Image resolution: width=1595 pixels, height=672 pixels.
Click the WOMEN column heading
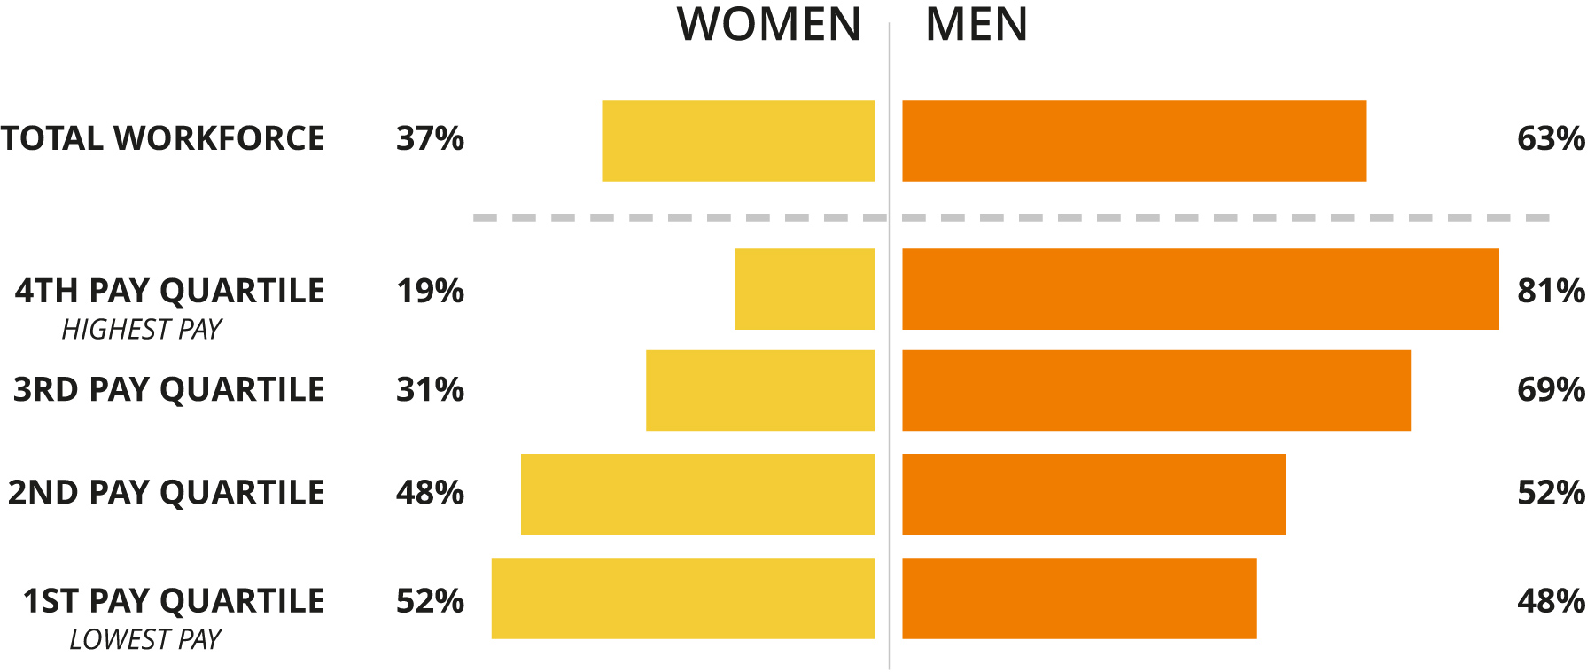pyautogui.click(x=769, y=25)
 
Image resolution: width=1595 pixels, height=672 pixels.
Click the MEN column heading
pyautogui.click(x=976, y=25)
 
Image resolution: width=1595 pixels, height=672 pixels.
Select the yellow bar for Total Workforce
pyautogui.click(x=738, y=141)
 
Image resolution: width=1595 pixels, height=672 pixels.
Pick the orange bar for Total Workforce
pyautogui.click(x=1134, y=141)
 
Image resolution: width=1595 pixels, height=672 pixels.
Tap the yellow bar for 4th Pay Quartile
pyautogui.click(x=805, y=289)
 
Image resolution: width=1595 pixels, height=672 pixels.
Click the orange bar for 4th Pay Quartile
pyautogui.click(x=1201, y=289)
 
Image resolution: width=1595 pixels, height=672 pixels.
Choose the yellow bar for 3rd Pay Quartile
pyautogui.click(x=760, y=391)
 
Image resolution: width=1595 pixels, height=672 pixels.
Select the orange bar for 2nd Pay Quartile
pyautogui.click(x=1093, y=495)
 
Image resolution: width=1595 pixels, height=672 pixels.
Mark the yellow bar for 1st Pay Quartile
pyautogui.click(x=683, y=598)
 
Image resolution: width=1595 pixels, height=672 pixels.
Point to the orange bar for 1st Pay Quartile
pyautogui.click(x=1079, y=598)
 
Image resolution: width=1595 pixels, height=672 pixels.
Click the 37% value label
pyautogui.click(x=430, y=139)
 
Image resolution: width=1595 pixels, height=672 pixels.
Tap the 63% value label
pyautogui.click(x=1551, y=139)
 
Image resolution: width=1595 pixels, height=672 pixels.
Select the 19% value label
pyautogui.click(x=430, y=291)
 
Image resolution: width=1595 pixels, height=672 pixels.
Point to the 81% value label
pyautogui.click(x=1551, y=291)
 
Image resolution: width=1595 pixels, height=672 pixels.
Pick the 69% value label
pyautogui.click(x=1551, y=390)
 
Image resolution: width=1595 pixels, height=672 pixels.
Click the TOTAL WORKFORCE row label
pyautogui.click(x=163, y=139)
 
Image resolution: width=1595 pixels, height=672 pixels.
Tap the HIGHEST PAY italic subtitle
pyautogui.click(x=142, y=330)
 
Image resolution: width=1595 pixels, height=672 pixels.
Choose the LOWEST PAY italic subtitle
pyautogui.click(x=145, y=639)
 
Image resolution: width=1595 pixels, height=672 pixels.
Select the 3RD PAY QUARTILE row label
pyautogui.click(x=168, y=390)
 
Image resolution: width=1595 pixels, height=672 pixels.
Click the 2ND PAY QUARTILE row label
pyautogui.click(x=167, y=493)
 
